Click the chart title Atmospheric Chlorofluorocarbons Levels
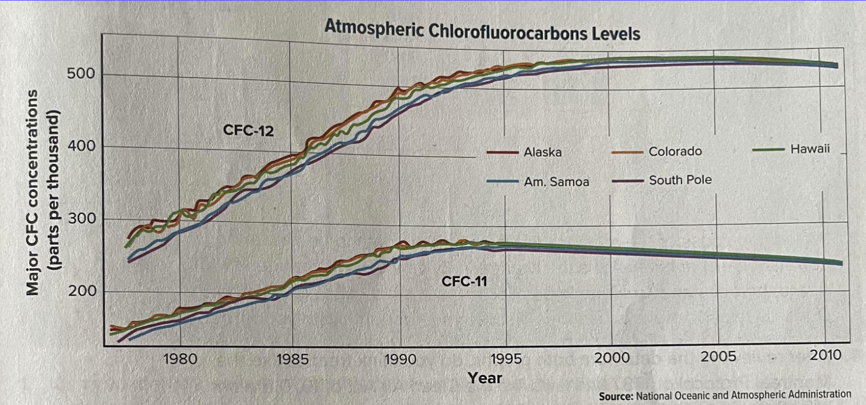pos(482,30)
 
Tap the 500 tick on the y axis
pos(81,73)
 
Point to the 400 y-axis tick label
pos(81,146)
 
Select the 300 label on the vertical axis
pos(81,218)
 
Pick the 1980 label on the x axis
pos(180,359)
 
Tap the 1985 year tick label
pos(292,359)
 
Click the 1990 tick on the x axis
pos(400,359)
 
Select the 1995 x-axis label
pos(506,359)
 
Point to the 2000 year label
pos(612,358)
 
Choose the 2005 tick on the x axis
pos(718,356)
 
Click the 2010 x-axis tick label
pos(825,355)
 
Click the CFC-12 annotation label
pos(248,130)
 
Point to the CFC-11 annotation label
pos(464,281)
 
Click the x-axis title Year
pos(485,378)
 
